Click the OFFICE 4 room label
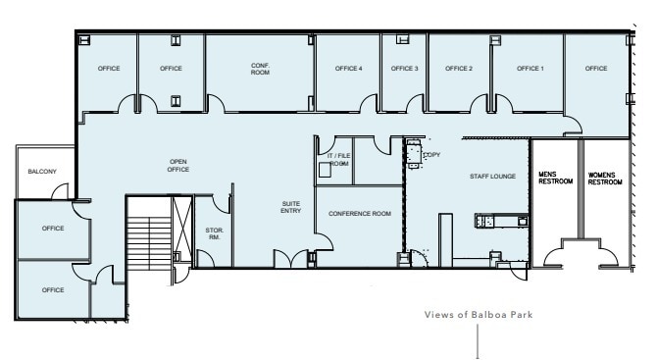tap(348, 69)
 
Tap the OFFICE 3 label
tap(405, 69)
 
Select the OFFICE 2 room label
tap(459, 69)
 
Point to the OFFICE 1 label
tap(531, 69)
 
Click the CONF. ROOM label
tap(260, 69)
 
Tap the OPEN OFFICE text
tap(178, 165)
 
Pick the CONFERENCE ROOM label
tap(360, 214)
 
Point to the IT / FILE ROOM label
tap(337, 160)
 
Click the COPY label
tap(431, 155)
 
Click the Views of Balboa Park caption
tap(478, 315)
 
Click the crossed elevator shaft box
tap(181, 225)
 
